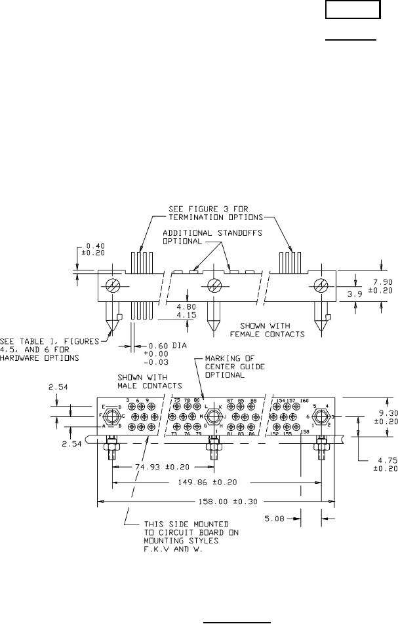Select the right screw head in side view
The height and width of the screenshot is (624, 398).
pyautogui.click(x=321, y=286)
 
